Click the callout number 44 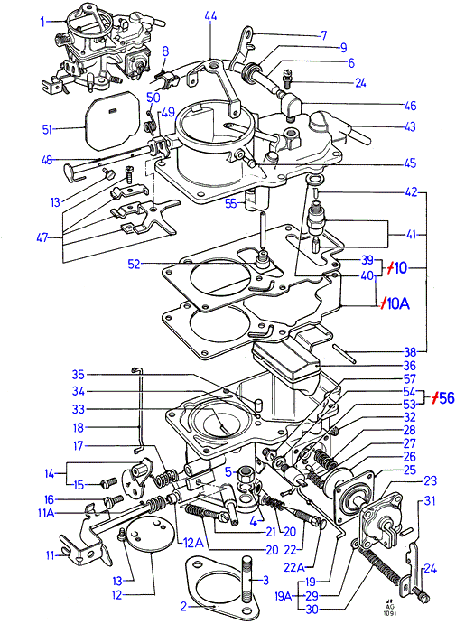pyautogui.click(x=210, y=17)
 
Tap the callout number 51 pyautogui.click(x=47, y=130)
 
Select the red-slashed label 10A pyautogui.click(x=394, y=304)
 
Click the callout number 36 pyautogui.click(x=409, y=366)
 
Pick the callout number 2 pyautogui.click(x=183, y=607)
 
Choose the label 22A pyautogui.click(x=294, y=567)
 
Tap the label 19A pyautogui.click(x=283, y=596)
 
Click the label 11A pyautogui.click(x=46, y=513)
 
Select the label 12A pyautogui.click(x=193, y=543)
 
